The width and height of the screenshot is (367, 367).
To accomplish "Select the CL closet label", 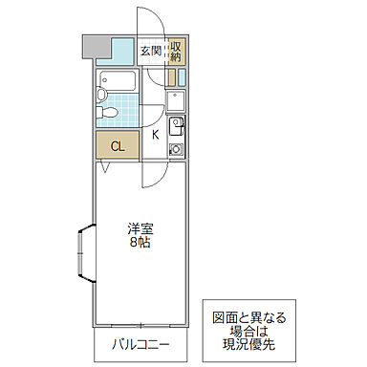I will [117, 146].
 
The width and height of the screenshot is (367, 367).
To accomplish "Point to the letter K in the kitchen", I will [155, 135].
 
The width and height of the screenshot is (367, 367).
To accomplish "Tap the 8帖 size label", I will [140, 243].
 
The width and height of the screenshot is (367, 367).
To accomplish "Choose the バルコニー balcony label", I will [140, 344].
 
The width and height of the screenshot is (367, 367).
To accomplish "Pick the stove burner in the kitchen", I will [176, 149].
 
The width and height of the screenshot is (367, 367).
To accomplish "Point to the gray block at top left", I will [94, 45].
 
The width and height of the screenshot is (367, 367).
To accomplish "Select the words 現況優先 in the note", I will [247, 346].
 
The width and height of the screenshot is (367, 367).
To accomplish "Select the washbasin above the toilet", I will [102, 95].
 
